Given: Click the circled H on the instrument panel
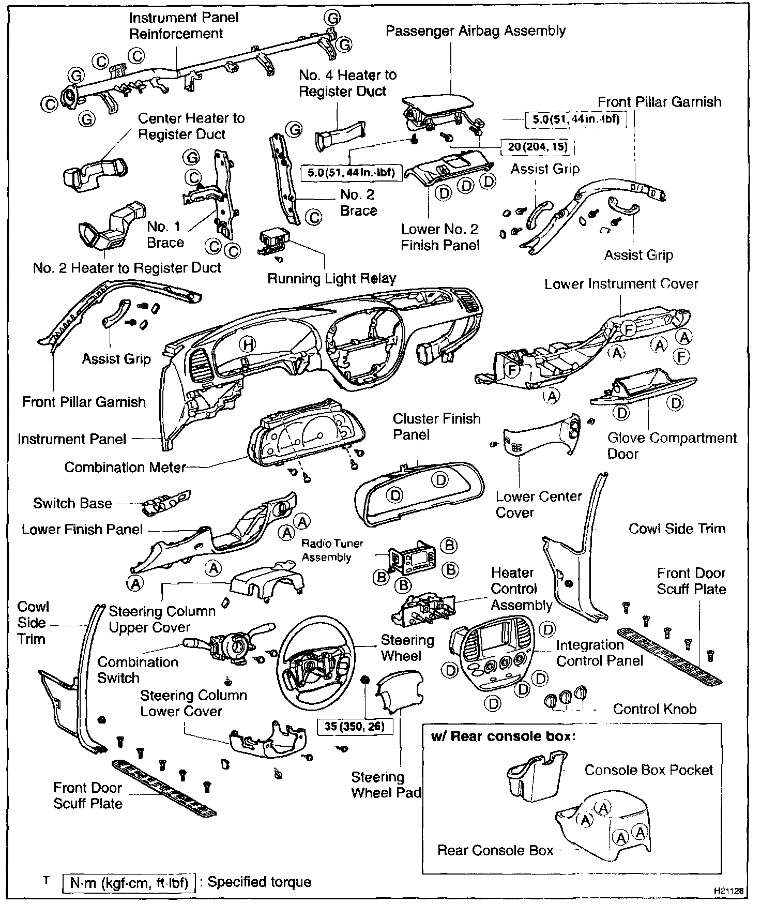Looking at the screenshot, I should (x=248, y=344).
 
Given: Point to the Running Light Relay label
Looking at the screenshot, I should (x=331, y=279).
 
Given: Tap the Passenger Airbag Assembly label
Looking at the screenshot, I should (x=476, y=31).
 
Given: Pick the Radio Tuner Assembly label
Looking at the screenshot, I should (x=332, y=550).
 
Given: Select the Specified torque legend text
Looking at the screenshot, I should (x=260, y=882).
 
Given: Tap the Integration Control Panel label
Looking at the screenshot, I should (x=599, y=653).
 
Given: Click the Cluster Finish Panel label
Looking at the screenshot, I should (x=436, y=426).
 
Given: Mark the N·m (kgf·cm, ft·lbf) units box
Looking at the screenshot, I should (x=129, y=882).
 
